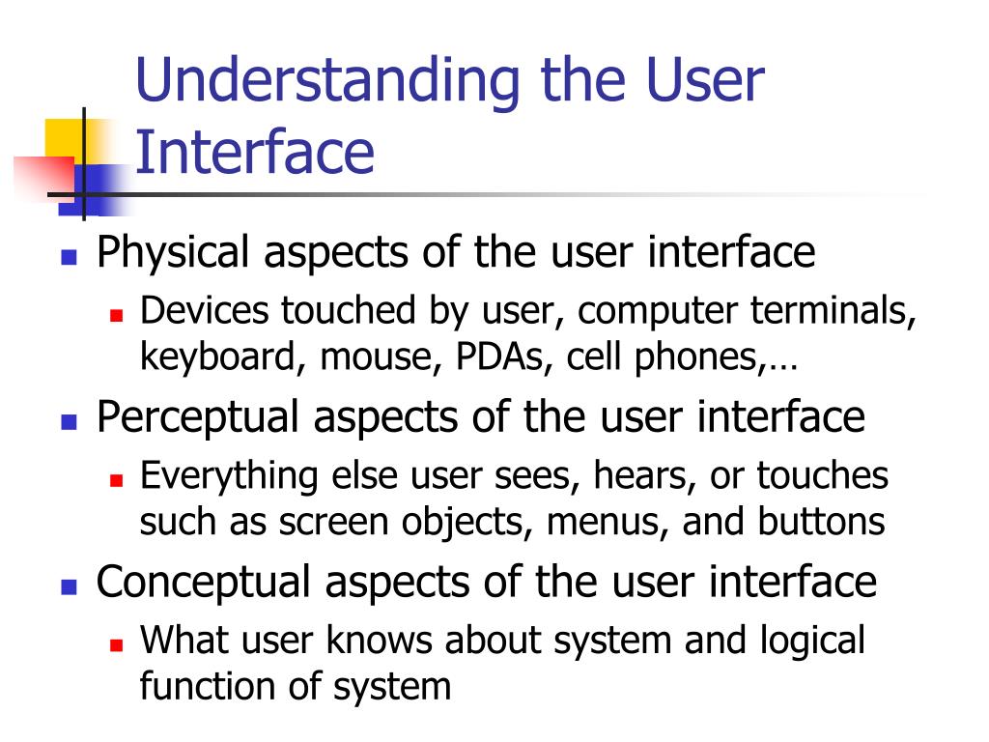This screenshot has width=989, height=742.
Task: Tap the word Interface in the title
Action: [255, 154]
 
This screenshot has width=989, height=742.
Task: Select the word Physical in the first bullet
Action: [173, 253]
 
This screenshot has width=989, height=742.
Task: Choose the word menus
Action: [608, 523]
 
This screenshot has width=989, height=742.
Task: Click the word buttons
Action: [821, 523]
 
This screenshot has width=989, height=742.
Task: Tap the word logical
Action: [812, 640]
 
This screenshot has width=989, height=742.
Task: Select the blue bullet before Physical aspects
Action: [69, 258]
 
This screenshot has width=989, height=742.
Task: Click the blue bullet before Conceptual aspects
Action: [69, 586]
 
